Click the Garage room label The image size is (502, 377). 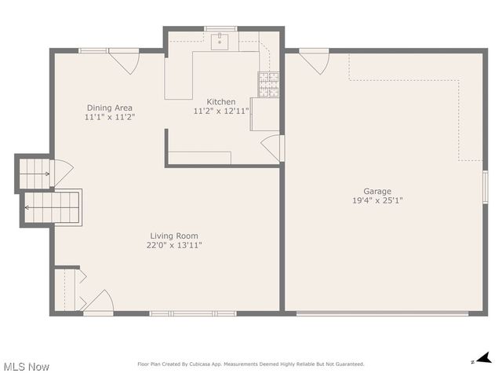coord(376,191)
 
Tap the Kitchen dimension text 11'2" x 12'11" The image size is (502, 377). coord(220,112)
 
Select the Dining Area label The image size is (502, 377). coord(109,108)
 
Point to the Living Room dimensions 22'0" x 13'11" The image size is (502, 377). coord(174,245)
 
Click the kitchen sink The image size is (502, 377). coord(220,42)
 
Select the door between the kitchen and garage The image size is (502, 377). coord(272,147)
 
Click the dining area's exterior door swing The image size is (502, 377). coord(123,61)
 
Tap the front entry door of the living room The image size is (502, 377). coord(99,302)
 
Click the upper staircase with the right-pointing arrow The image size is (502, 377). coord(35,170)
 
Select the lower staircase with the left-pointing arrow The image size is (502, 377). coord(52,207)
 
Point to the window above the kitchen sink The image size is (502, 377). coord(220,29)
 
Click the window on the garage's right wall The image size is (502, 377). coord(485,188)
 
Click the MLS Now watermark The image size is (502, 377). coord(27,367)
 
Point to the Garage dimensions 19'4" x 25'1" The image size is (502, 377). coord(376,200)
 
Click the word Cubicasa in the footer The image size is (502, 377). coord(203,364)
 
